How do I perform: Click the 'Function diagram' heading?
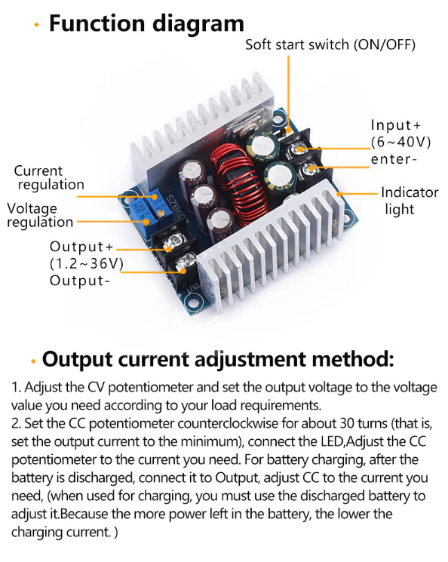(146, 23)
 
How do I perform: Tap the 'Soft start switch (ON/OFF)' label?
(330, 45)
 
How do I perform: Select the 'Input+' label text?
(396, 125)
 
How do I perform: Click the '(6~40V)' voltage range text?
(400, 142)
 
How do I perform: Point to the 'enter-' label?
(394, 159)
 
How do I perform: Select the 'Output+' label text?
(81, 247)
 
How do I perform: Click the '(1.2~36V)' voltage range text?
(86, 264)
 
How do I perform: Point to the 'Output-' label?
(80, 281)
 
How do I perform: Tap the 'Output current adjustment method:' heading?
(218, 358)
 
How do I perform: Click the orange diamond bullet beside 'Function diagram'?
(36, 25)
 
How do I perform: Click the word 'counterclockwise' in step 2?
(237, 423)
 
